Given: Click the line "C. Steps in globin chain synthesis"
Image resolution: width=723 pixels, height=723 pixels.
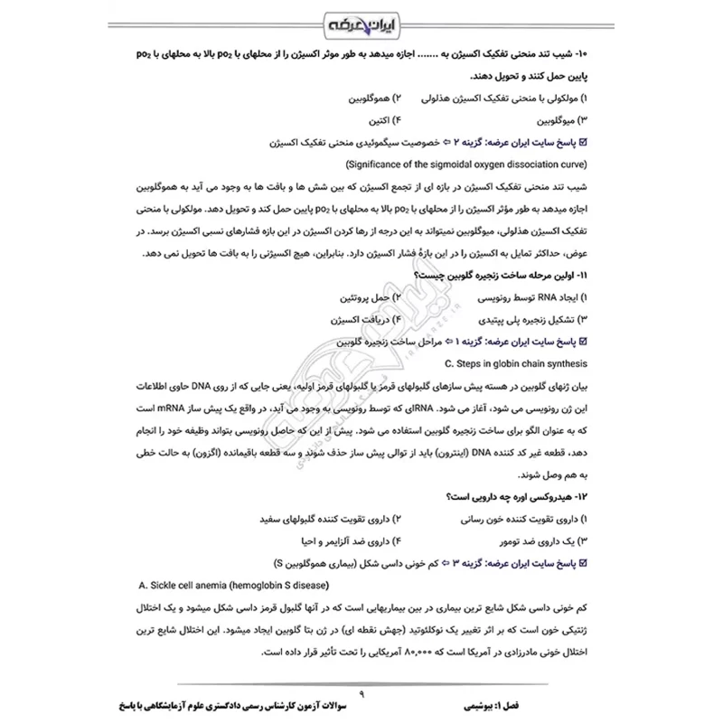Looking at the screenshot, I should pyautogui.click(x=515, y=364).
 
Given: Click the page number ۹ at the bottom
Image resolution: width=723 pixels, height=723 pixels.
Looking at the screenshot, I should pyautogui.click(x=361, y=693).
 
